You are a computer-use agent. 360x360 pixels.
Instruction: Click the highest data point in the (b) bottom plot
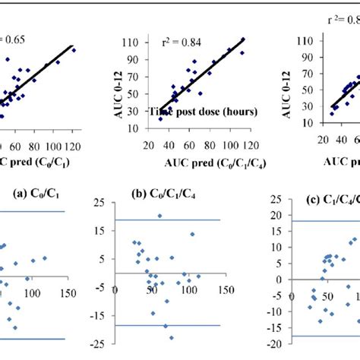160,216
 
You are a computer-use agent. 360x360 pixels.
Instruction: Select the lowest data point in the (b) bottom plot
171,337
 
